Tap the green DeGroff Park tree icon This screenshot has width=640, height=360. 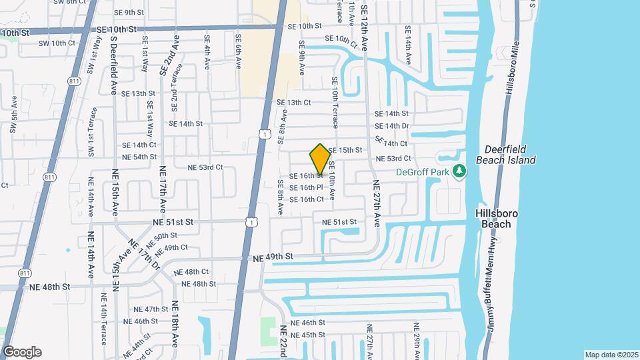459,172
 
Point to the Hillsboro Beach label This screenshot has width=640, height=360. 496,219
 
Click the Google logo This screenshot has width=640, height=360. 22,352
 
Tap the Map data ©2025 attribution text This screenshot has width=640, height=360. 611,355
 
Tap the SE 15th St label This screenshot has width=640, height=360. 345,150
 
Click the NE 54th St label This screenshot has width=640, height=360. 139,157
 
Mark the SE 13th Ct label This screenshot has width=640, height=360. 294,103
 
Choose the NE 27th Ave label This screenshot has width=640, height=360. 377,204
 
